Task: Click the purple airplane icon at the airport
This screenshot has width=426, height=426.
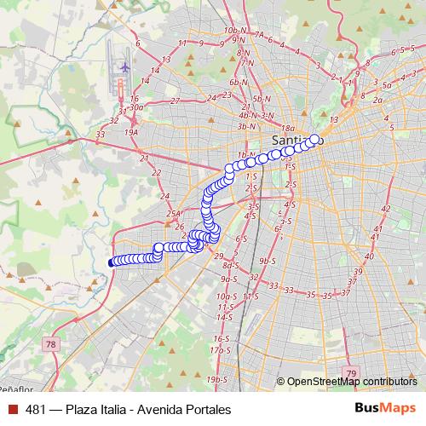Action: [124, 66]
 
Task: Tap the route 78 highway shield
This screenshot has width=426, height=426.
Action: [52, 344]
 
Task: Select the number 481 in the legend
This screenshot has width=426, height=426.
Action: [36, 410]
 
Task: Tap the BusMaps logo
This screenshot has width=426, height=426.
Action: [385, 409]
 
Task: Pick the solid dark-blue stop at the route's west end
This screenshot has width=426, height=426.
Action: [112, 262]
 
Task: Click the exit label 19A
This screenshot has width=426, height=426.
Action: [130, 133]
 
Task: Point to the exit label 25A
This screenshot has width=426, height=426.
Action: [175, 214]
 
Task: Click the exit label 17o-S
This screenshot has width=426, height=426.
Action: [221, 349]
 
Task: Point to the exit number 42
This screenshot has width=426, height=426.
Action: [385, 209]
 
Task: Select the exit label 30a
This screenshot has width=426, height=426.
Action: [136, 107]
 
